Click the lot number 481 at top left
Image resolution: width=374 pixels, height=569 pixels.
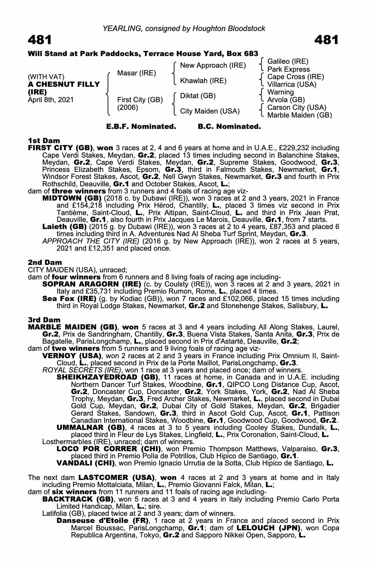click(40, 40)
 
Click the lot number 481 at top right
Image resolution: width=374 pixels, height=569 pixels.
click(326, 40)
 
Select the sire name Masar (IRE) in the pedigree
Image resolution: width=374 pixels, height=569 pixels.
click(136, 73)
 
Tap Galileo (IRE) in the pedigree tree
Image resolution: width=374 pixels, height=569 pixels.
click(288, 61)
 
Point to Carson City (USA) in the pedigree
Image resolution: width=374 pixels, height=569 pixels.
click(297, 108)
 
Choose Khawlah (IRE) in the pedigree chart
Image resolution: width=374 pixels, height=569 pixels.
click(203, 81)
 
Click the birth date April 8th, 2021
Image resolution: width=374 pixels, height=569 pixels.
click(51, 100)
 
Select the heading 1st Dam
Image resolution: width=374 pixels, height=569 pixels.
click(44, 141)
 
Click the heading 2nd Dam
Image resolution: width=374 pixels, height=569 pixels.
click(45, 262)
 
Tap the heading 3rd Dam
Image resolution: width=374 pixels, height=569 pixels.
click(44, 320)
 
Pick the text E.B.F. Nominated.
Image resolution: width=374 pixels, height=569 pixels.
click(141, 127)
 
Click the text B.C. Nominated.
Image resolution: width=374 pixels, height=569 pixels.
click(229, 127)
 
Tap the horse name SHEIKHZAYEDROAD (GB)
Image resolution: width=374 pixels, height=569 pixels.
click(107, 377)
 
